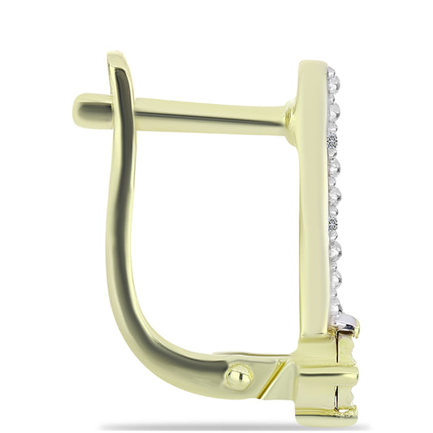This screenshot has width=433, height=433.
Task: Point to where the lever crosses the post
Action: [x=121, y=107]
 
